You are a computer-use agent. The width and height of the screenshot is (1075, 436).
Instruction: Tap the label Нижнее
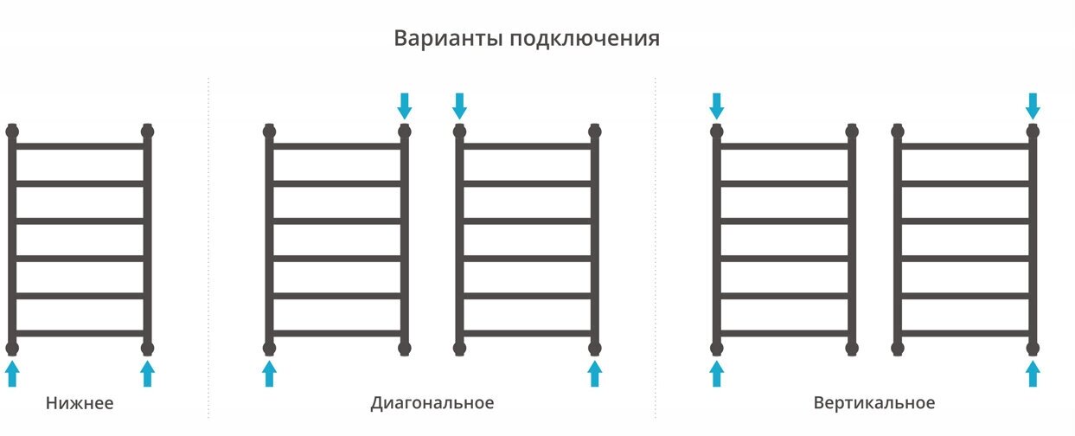(80, 403)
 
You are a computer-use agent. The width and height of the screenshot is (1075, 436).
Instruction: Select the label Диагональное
(432, 403)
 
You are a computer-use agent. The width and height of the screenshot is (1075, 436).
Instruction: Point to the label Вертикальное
(873, 403)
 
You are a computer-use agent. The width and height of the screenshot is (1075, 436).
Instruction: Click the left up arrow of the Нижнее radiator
(12, 374)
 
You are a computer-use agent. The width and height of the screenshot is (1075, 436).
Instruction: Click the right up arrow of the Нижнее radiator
(147, 374)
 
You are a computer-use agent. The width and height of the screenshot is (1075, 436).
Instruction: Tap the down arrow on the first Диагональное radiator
(404, 106)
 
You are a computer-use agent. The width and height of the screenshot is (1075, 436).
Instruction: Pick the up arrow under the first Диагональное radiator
(269, 374)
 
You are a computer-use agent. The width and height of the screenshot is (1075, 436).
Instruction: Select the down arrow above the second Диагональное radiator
(459, 106)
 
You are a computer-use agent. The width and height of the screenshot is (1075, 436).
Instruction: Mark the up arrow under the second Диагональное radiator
(594, 374)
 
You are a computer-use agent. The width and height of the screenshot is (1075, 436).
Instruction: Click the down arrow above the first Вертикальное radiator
(716, 106)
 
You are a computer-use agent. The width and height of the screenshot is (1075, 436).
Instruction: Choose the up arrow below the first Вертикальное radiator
(716, 374)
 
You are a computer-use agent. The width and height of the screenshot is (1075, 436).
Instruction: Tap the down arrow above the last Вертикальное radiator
(1033, 106)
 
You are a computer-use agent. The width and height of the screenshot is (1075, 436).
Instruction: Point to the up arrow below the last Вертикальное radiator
(1033, 374)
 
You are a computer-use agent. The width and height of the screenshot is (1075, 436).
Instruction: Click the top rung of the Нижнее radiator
(80, 146)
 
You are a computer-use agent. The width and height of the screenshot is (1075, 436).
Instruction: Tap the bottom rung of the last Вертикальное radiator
(965, 333)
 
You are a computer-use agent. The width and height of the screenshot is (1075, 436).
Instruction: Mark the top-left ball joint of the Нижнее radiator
(12, 131)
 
